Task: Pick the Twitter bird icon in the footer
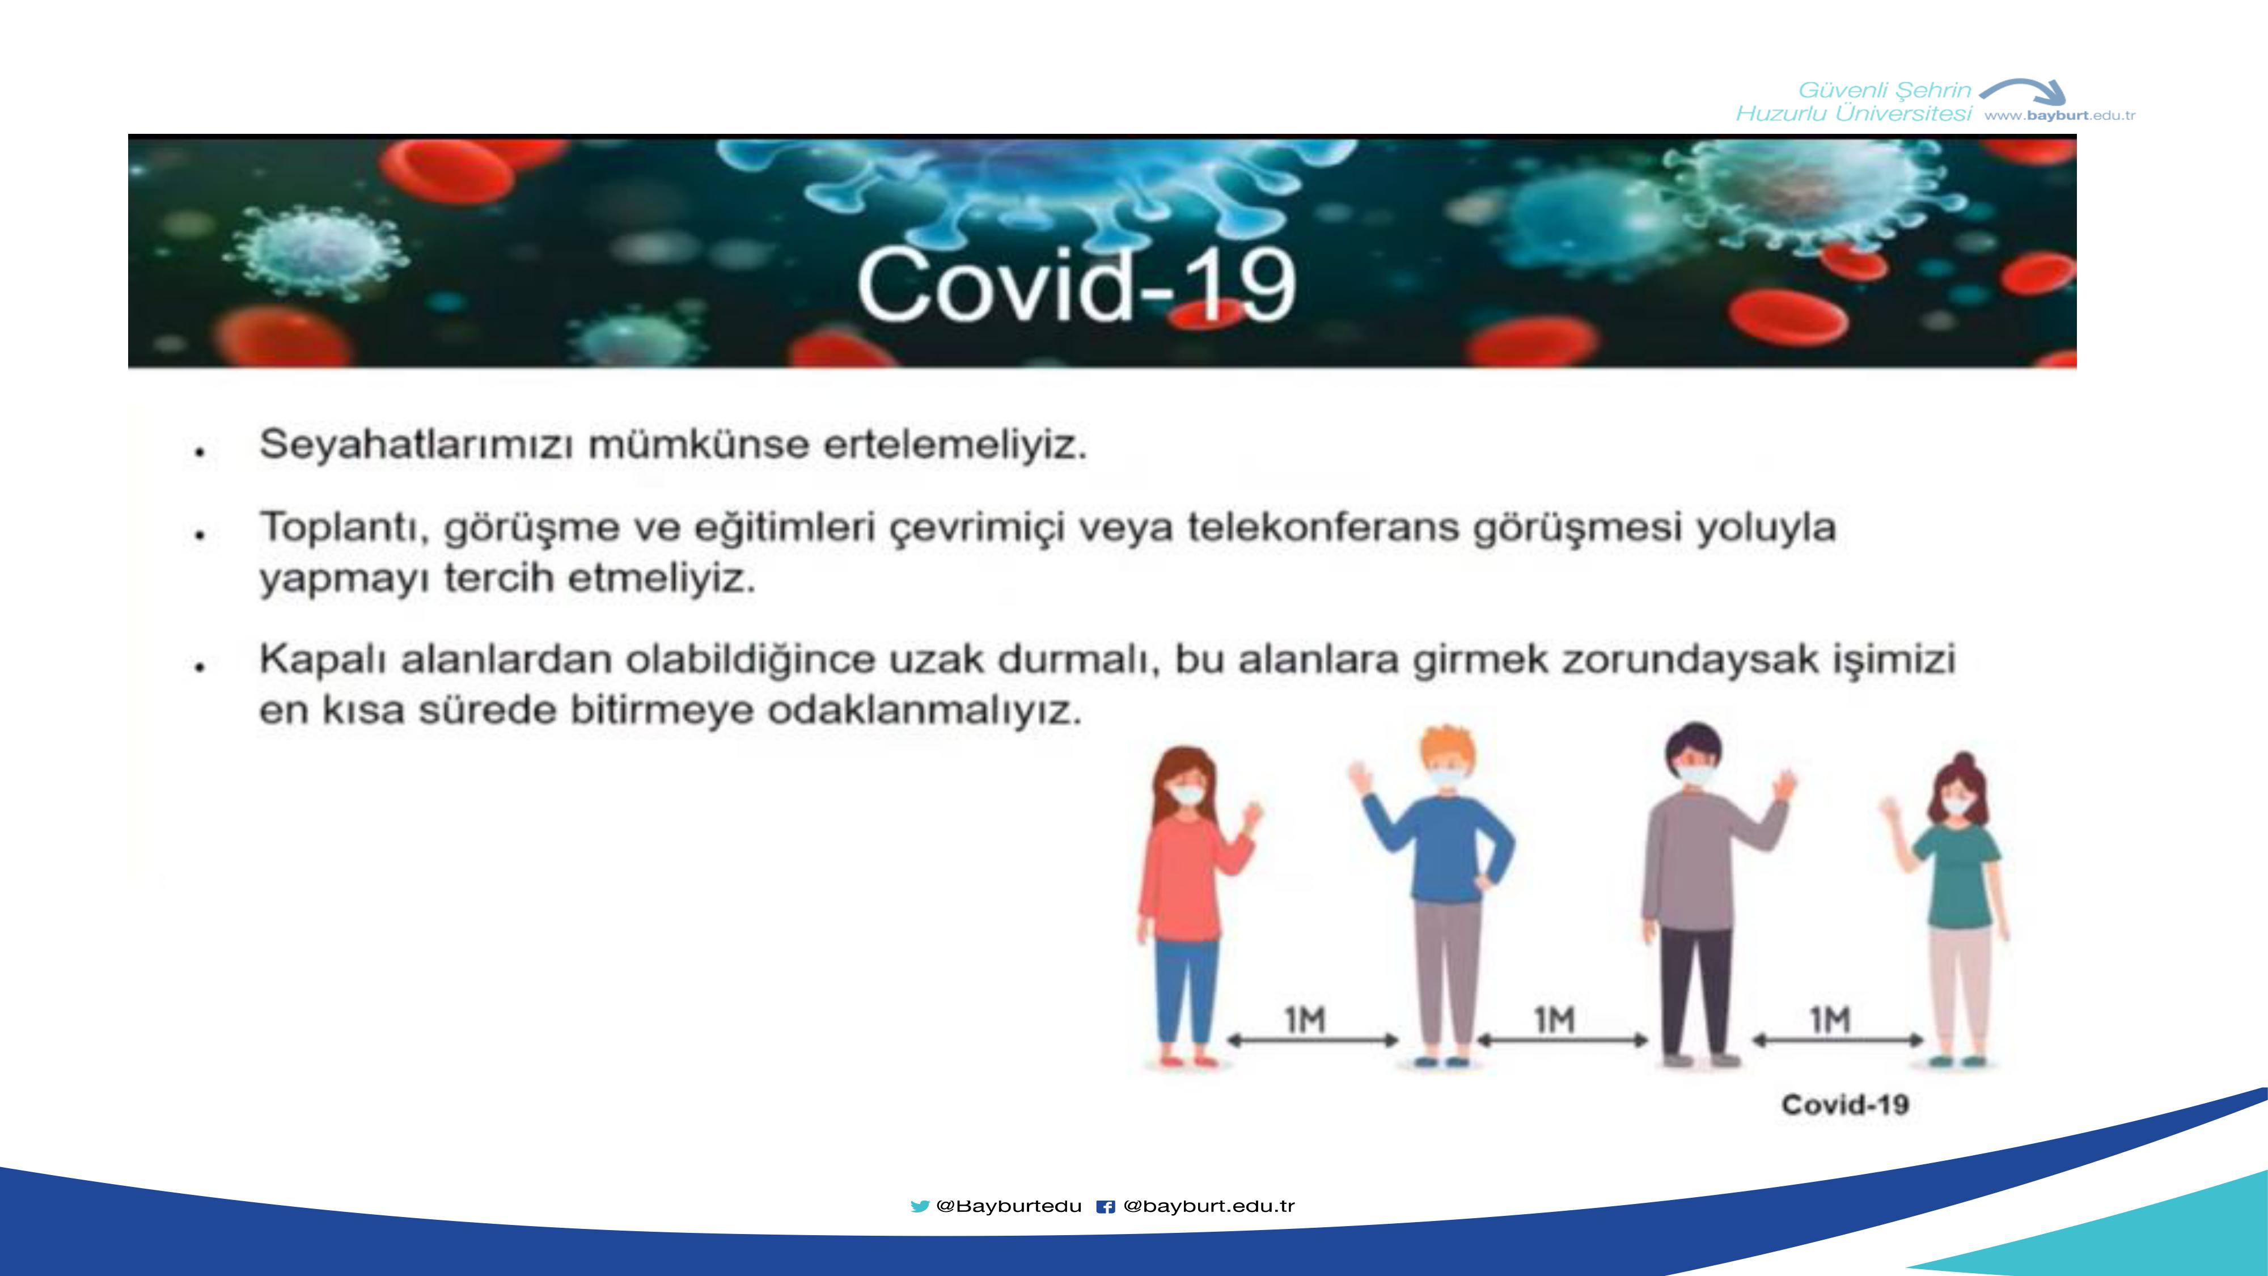point(920,1206)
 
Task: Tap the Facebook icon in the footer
point(1106,1206)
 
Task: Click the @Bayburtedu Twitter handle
point(1009,1206)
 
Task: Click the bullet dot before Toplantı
point(201,535)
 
